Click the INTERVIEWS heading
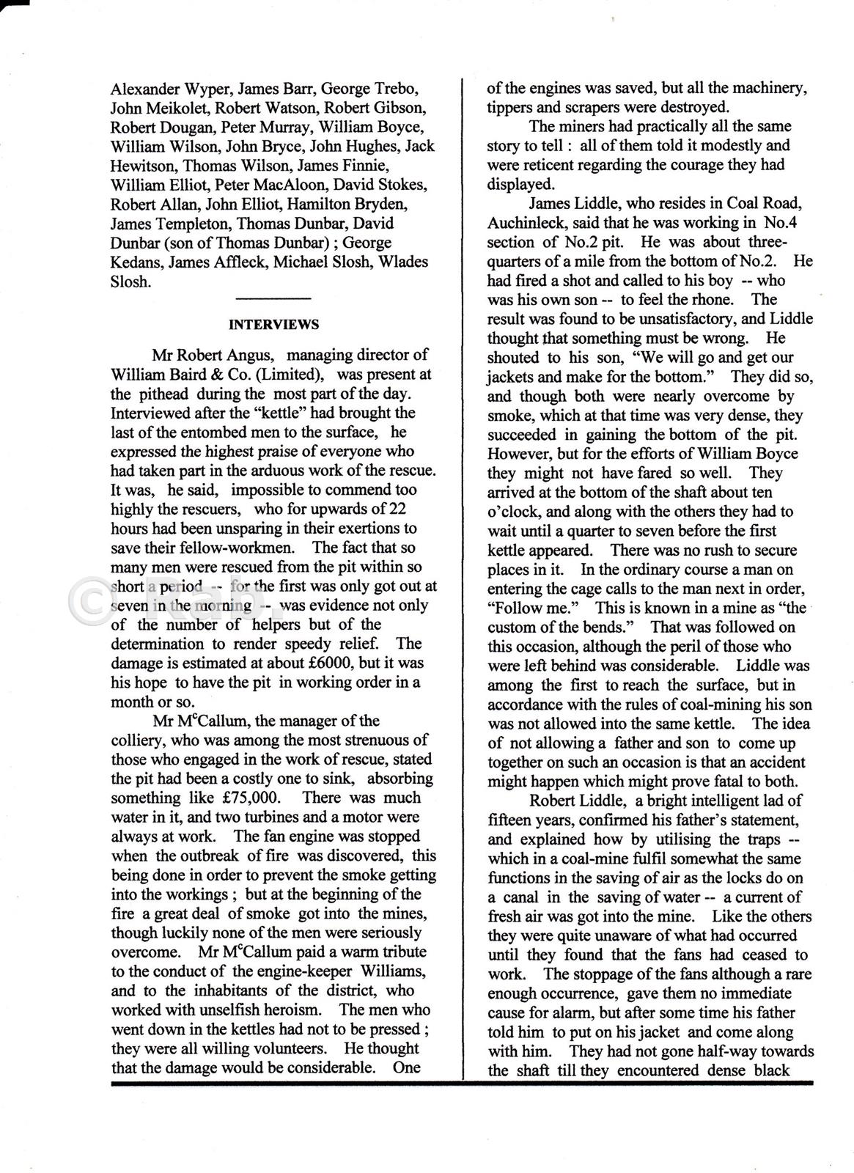pyautogui.click(x=273, y=324)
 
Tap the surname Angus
pyautogui.click(x=246, y=356)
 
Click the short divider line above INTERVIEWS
pyautogui.click(x=273, y=298)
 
